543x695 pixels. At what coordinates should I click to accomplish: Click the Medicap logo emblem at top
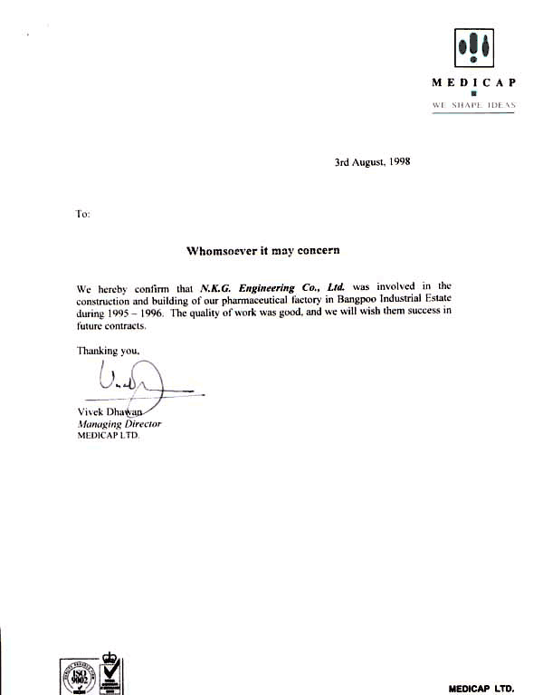(473, 44)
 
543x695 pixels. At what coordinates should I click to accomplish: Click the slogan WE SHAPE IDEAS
(473, 105)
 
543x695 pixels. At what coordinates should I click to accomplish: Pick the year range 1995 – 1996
(134, 314)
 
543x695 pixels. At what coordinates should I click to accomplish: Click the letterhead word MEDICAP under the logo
(473, 82)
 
